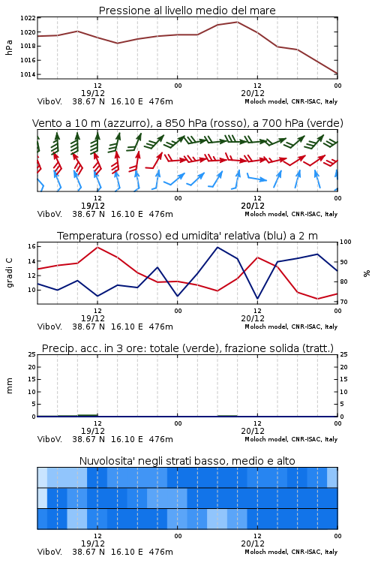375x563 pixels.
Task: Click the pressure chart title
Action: click(187, 11)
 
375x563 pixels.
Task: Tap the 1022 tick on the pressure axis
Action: click(28, 18)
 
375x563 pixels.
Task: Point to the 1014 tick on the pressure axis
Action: click(28, 74)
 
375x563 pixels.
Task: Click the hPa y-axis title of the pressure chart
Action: click(9, 47)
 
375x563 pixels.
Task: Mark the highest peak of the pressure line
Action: click(237, 22)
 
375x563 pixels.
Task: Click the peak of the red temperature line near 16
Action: click(97, 247)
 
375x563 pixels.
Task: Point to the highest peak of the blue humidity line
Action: click(217, 247)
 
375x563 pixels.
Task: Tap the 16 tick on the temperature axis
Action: click(31, 246)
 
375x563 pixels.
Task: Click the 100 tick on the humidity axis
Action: click(346, 242)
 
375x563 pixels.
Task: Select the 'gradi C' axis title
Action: click(9, 272)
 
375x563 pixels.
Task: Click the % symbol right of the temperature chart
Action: click(367, 273)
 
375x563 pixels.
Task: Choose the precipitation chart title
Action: click(187, 348)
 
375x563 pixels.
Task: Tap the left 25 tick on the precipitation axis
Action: click(31, 354)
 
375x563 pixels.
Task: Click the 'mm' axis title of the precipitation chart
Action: click(9, 385)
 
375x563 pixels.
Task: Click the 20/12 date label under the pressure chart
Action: click(253, 93)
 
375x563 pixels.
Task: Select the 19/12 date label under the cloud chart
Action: click(93, 543)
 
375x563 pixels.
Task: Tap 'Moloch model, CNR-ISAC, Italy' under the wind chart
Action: click(291, 214)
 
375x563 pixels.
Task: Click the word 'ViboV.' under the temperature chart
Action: click(49, 327)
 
